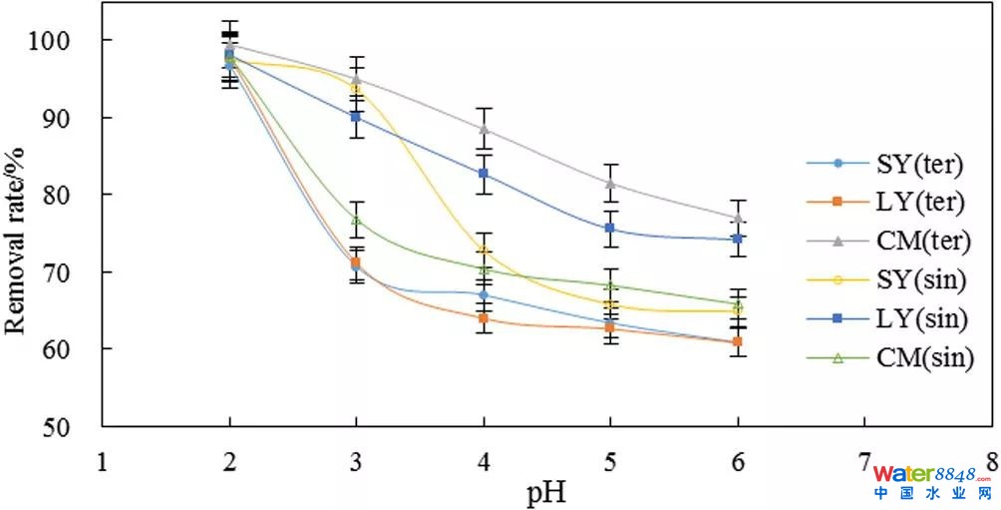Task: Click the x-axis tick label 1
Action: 101,462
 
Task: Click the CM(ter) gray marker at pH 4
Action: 484,129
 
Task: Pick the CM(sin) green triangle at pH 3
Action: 356,220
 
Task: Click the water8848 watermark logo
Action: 931,481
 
